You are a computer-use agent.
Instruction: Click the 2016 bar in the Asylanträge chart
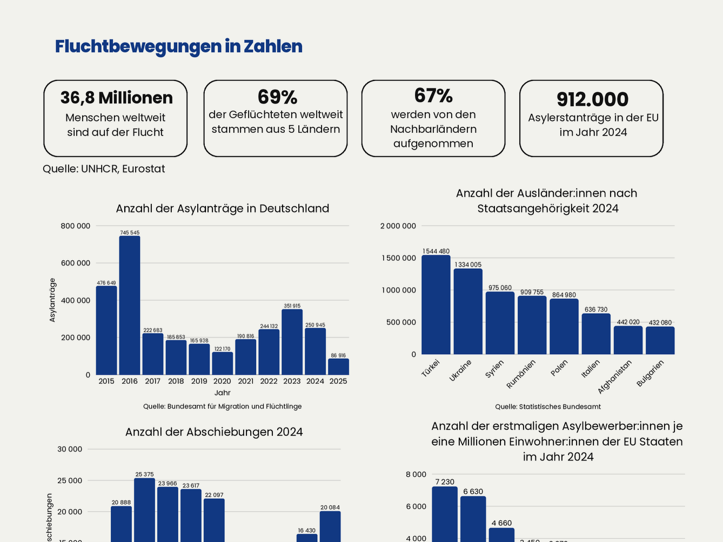point(130,305)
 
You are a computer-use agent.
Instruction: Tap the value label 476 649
point(106,283)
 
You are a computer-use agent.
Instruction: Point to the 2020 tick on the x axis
point(222,381)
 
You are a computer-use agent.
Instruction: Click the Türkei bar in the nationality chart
point(436,305)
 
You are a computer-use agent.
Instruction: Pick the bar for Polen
point(564,327)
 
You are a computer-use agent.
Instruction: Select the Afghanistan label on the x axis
point(615,377)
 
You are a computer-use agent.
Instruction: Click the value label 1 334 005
point(468,265)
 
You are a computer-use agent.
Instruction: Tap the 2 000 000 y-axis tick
point(398,226)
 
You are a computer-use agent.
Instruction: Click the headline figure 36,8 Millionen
point(117,98)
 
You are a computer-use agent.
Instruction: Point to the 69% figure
point(277,97)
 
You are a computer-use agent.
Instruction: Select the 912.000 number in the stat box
point(593,99)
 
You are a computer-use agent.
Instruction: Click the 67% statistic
point(433,96)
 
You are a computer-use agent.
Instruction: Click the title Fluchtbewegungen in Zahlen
point(179,46)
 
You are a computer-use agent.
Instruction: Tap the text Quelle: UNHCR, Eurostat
point(104,169)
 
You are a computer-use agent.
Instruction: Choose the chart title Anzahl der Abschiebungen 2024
point(214,432)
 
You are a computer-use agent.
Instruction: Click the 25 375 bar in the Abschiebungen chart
point(145,510)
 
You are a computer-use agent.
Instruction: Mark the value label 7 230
point(445,482)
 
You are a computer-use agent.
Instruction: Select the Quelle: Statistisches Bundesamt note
point(548,406)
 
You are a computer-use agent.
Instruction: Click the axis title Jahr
point(222,393)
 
